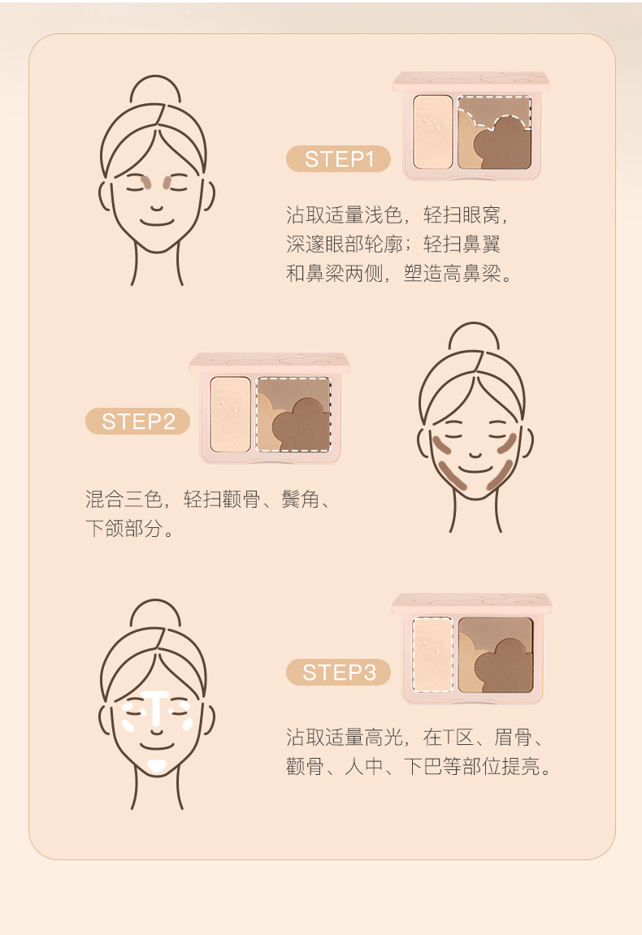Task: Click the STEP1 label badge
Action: pyautogui.click(x=338, y=159)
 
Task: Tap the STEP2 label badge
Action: pyautogui.click(x=138, y=421)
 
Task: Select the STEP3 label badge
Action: pyautogui.click(x=338, y=672)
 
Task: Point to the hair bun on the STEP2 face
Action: pyautogui.click(x=474, y=338)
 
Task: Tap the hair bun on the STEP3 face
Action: pyautogui.click(x=155, y=615)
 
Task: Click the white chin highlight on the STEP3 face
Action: pyautogui.click(x=156, y=765)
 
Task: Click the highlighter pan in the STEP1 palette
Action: pyautogui.click(x=432, y=131)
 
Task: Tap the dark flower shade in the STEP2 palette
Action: pyautogui.click(x=302, y=425)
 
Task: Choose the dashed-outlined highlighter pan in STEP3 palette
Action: pyautogui.click(x=433, y=654)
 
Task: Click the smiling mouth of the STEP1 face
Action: pyautogui.click(x=156, y=223)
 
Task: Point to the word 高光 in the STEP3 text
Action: pyautogui.click(x=383, y=737)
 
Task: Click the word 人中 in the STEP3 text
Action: pyautogui.click(x=363, y=766)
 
